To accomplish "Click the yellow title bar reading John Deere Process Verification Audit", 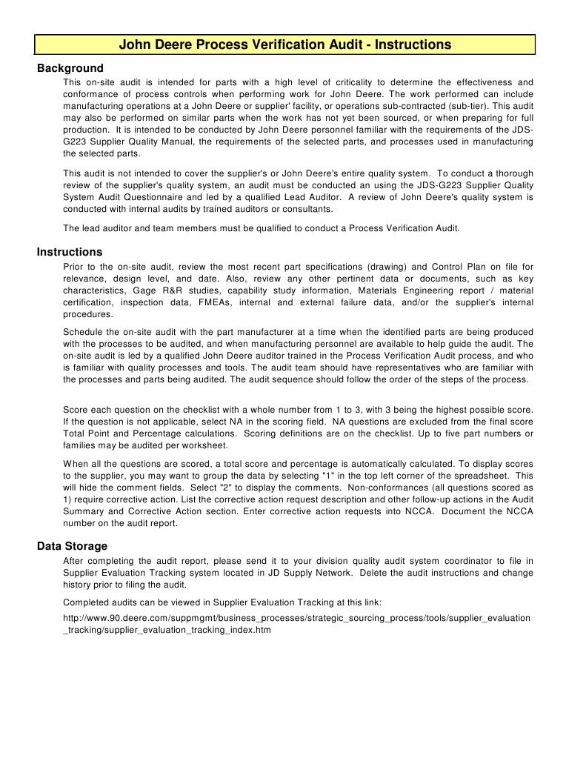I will [x=285, y=44].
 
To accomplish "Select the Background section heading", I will [x=70, y=68].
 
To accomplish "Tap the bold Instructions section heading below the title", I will [x=70, y=252].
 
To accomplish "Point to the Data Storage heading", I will [x=72, y=546].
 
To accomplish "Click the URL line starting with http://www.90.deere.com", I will [x=296, y=617].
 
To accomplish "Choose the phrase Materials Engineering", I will [x=400, y=290].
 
